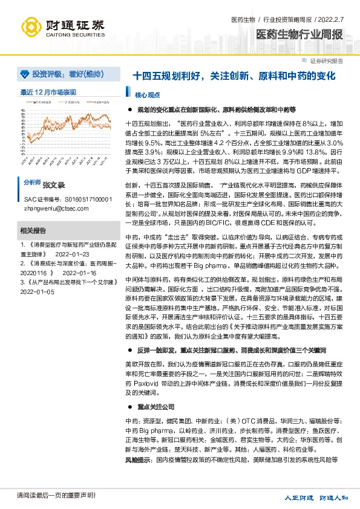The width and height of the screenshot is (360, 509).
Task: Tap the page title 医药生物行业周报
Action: pyautogui.click(x=299, y=34)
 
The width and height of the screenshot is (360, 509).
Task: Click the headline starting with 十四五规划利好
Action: pyautogui.click(x=233, y=77)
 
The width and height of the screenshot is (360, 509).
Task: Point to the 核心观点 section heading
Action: pyautogui.click(x=147, y=95)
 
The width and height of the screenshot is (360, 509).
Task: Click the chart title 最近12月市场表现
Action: pyautogui.click(x=48, y=92)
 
